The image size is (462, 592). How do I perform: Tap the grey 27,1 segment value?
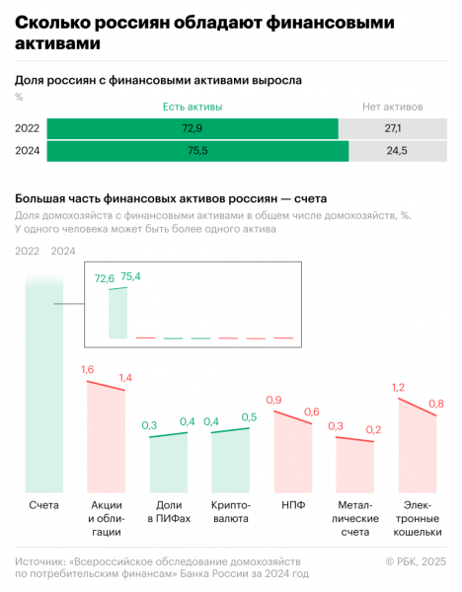tap(391, 128)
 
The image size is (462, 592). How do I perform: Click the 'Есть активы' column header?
tap(192, 106)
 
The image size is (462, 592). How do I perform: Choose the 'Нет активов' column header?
tap(392, 106)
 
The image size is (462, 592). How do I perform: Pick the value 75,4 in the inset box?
tap(131, 276)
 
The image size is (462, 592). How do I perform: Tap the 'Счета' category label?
tap(43, 505)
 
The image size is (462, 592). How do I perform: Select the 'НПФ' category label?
tap(292, 505)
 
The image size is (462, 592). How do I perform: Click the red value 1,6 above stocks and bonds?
tap(87, 369)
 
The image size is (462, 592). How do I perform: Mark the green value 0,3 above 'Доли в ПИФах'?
tap(149, 425)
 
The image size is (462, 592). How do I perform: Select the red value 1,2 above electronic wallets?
tap(399, 388)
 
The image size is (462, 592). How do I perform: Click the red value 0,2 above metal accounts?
tap(373, 430)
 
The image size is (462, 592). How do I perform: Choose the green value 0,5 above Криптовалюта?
tap(249, 417)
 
